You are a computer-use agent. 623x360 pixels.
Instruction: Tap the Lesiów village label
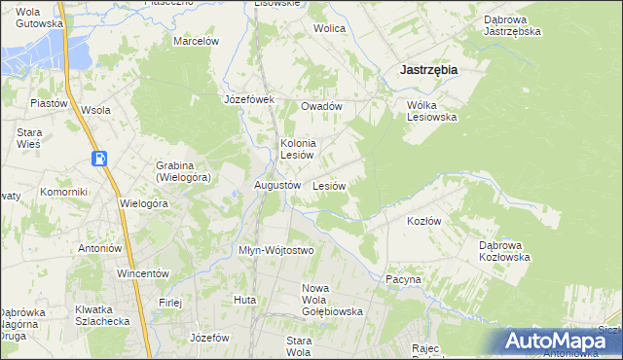tap(329, 185)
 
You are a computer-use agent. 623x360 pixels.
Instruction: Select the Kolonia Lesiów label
tap(296, 149)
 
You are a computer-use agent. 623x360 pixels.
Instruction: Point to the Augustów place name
tap(275, 185)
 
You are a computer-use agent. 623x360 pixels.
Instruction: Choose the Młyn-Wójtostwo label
tap(276, 250)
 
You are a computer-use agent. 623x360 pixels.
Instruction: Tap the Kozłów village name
tap(423, 221)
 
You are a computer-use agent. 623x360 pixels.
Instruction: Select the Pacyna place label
tap(403, 279)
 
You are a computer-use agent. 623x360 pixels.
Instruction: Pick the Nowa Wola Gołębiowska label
tap(333, 300)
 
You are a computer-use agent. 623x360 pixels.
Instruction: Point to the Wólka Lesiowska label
tap(431, 110)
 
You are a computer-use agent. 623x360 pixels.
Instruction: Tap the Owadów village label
tap(321, 106)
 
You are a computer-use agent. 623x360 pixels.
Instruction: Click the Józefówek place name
tap(250, 99)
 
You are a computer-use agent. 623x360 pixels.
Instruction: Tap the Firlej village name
tap(171, 303)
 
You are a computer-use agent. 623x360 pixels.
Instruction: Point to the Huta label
tap(244, 300)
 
